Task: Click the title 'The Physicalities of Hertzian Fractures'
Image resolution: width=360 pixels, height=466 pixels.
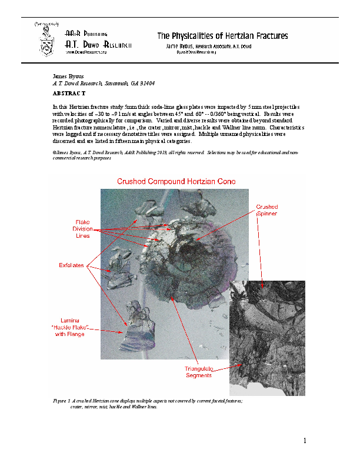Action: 222,36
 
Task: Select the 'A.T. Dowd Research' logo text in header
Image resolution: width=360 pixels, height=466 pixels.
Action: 98,44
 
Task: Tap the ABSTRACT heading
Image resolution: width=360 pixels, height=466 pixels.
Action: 69,94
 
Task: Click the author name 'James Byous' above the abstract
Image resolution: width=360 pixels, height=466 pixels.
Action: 68,76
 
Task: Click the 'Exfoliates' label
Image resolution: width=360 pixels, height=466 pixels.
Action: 71,266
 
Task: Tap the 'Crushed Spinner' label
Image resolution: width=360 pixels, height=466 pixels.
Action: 266,211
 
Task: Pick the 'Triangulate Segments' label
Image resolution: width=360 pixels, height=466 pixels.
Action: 199,372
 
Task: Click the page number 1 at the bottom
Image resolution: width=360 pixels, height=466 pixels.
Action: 305,441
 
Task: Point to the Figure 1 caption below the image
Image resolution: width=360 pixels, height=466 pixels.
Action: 147,403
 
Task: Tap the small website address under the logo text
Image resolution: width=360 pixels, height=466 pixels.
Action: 86,52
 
